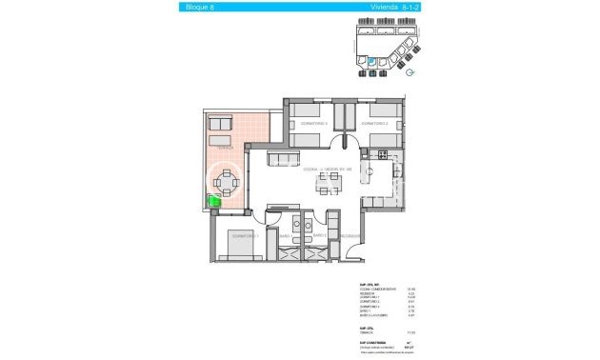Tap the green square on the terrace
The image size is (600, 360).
[x=215, y=201]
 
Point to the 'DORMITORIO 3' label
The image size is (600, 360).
[x=313, y=124]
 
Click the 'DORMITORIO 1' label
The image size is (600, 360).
[x=245, y=235]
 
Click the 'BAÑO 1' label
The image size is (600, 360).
[x=286, y=236]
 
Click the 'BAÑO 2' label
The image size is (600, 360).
[x=320, y=235]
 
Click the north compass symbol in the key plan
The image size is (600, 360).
[x=410, y=70]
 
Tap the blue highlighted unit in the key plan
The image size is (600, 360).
[x=370, y=64]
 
